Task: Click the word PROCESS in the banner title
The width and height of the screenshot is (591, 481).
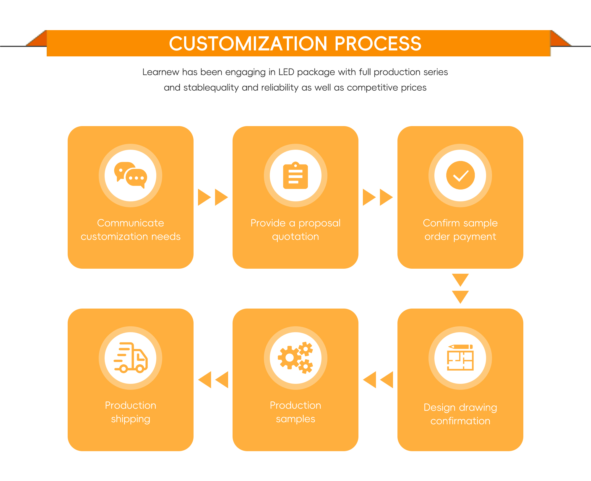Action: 378,44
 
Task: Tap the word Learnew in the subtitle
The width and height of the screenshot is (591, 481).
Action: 161,72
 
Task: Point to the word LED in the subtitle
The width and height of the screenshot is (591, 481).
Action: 286,72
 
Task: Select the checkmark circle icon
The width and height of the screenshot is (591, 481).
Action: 460,175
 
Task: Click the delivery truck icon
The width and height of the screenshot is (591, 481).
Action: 131,358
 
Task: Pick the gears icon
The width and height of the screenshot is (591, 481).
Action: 295,358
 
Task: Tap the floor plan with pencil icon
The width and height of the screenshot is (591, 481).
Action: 460,357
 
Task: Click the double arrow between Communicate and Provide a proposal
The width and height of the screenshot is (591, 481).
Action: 213,197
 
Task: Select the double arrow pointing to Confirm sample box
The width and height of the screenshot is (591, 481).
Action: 378,197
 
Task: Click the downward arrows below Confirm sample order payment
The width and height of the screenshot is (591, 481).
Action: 460,288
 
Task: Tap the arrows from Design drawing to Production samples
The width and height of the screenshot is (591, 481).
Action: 378,380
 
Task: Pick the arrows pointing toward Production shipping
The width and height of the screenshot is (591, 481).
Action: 213,380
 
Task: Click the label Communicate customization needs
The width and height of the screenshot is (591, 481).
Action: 131,230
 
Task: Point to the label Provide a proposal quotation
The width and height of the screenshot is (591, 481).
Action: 295,230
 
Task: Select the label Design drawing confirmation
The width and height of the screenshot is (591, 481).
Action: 460,414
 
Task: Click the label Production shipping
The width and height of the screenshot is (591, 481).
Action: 131,412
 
